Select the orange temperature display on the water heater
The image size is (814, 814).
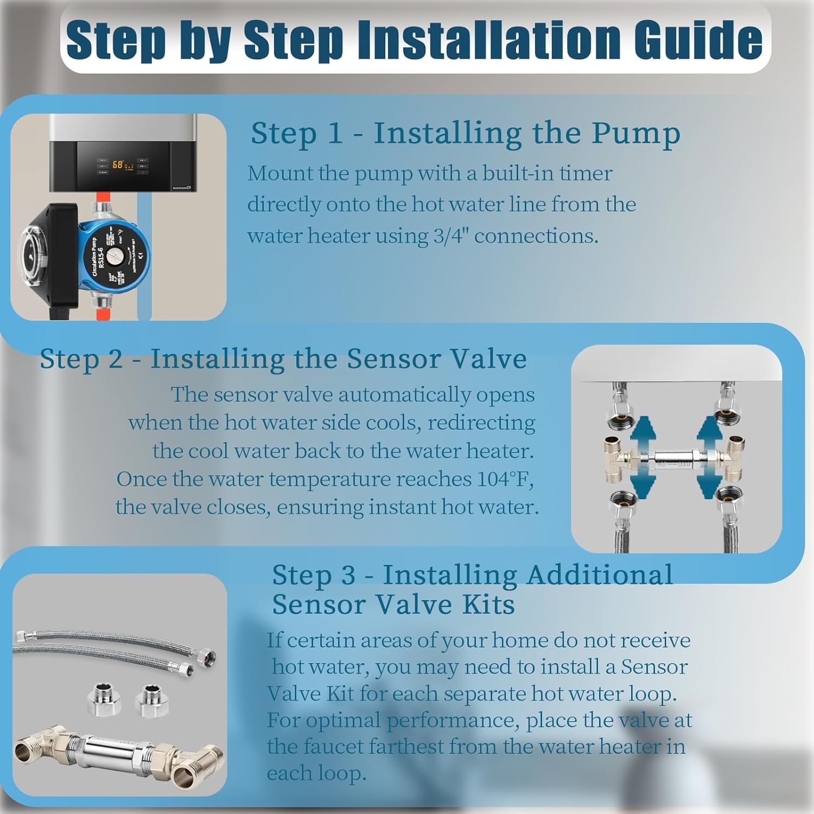[118, 164]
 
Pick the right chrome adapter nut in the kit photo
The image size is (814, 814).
[151, 700]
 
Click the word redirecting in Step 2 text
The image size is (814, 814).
[481, 423]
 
